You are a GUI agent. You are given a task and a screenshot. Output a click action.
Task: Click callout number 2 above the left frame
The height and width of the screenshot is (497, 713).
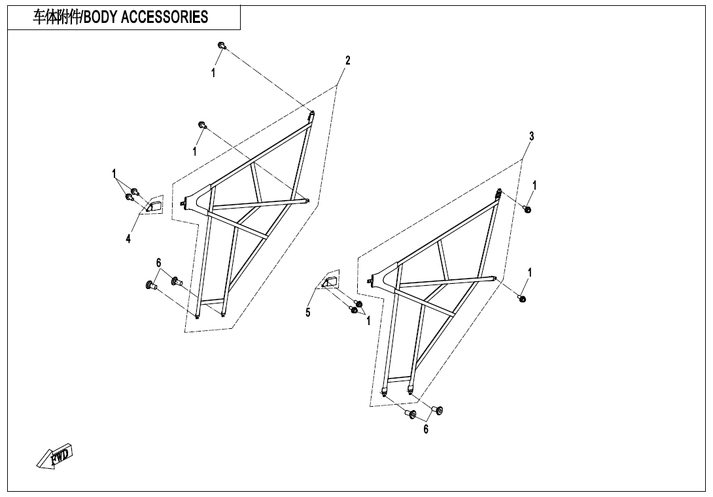click(x=348, y=61)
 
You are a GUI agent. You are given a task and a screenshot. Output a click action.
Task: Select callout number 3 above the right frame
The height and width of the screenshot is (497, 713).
click(x=532, y=136)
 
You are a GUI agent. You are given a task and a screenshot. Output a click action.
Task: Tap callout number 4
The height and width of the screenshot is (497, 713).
click(x=128, y=239)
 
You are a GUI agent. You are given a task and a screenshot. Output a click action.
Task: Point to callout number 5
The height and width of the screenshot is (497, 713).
click(x=308, y=313)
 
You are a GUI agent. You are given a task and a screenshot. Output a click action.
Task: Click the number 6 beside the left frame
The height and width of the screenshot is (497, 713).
click(x=158, y=262)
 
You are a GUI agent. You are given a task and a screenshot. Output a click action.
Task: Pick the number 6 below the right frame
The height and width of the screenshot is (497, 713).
click(x=426, y=430)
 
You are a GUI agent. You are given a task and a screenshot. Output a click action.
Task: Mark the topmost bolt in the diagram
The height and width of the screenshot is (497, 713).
click(x=222, y=45)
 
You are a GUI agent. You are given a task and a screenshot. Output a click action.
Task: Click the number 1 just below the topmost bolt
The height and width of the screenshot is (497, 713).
click(x=213, y=74)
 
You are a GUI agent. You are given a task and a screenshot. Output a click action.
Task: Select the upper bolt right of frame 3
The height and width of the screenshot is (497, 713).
click(x=528, y=209)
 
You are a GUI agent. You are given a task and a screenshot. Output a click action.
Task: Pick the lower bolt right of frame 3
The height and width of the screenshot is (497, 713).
click(x=522, y=298)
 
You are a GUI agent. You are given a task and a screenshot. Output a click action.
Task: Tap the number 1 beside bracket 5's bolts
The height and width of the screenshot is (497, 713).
click(x=368, y=320)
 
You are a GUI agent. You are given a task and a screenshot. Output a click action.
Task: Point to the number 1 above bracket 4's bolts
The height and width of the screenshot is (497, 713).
click(x=114, y=173)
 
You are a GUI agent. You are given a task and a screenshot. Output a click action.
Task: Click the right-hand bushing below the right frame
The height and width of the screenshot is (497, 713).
click(x=438, y=410)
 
